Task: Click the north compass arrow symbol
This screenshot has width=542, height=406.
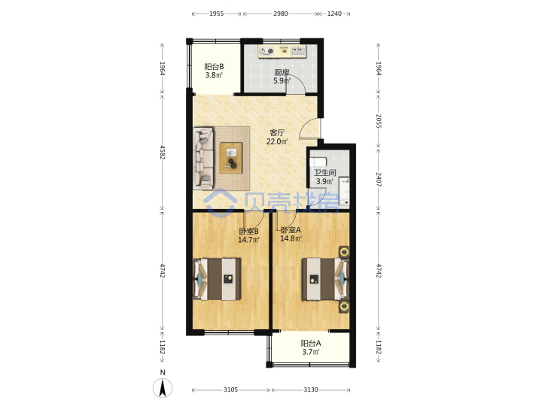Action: point(163,388)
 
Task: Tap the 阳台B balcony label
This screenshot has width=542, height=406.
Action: point(214,67)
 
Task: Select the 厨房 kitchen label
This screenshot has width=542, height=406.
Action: point(282,72)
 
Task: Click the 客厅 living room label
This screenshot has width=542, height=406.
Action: point(277,132)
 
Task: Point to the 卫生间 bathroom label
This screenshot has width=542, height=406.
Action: point(324,173)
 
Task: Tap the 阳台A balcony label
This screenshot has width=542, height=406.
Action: point(311,343)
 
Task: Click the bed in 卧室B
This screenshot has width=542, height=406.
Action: point(217,279)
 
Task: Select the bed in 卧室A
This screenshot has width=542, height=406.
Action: point(325,279)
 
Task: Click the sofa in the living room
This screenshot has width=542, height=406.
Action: point(203,158)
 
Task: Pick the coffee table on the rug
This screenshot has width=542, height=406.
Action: point(231,158)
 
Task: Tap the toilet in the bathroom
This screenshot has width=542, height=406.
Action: point(318,162)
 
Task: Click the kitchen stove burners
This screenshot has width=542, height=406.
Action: point(266,51)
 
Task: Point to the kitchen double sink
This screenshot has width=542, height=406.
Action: point(298,51)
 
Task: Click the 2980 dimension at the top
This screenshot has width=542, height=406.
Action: point(280,14)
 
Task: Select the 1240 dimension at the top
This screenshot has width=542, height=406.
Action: point(334,14)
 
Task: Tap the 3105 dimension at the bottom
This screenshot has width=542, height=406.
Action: point(230,389)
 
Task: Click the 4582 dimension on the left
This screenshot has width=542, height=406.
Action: point(163,152)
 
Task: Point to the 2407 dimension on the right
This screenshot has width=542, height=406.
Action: point(379,180)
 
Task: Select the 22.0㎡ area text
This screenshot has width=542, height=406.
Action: point(277,141)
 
